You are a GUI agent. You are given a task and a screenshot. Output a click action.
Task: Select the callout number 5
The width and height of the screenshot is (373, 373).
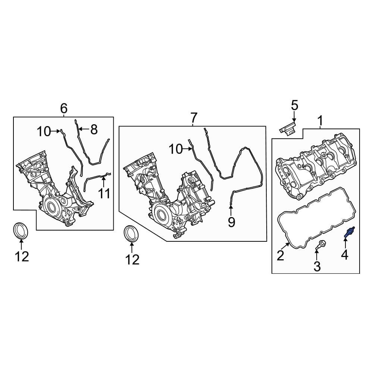tap(295, 106)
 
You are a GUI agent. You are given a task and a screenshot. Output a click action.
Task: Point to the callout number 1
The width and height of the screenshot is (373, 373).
tap(320, 120)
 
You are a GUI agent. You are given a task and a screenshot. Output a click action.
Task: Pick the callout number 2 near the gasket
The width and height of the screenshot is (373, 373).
tap(280, 256)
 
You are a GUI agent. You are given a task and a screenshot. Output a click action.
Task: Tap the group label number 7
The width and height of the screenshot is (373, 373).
tap(193, 118)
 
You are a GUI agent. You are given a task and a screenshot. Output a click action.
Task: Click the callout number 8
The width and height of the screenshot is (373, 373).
tap(94, 129)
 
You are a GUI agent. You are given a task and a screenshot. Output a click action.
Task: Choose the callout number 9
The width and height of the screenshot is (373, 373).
tap(231, 222)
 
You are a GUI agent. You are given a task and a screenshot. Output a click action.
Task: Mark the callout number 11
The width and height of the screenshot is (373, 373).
tap(104, 194)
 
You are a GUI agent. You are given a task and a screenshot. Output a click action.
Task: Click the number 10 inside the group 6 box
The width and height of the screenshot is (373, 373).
tap(43, 131)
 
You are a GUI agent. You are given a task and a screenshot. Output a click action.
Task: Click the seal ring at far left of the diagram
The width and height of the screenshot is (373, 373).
tap(21, 230)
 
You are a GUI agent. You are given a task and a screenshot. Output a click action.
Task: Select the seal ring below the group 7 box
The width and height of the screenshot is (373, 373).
tap(131, 233)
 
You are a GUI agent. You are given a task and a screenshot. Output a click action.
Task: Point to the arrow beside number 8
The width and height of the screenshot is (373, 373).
tap(84, 129)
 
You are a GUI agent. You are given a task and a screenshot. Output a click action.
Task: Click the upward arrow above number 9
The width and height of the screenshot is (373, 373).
tap(231, 209)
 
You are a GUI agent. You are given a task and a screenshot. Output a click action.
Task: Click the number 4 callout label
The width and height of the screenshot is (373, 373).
tap(344, 255)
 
